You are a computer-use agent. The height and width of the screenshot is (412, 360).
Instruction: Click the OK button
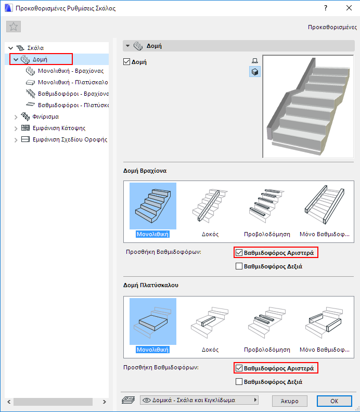pos(334,401)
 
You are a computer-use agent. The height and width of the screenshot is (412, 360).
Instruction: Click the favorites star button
pos(14,27)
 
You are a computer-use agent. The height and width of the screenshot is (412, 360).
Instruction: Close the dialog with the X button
pos(349,8)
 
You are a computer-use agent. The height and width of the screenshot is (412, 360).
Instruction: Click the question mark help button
pos(326,8)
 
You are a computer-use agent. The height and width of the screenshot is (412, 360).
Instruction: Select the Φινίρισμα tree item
pos(46,117)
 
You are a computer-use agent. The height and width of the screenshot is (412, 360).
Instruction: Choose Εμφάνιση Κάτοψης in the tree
pos(59,128)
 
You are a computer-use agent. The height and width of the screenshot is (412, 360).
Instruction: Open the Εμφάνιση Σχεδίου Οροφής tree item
pos(70,139)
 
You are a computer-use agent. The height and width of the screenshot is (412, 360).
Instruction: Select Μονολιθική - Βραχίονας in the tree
pos(71,71)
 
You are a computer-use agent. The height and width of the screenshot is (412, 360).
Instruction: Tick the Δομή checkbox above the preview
pos(126,62)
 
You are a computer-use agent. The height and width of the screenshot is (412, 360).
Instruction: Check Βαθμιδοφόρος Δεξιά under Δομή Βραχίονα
pos(239,266)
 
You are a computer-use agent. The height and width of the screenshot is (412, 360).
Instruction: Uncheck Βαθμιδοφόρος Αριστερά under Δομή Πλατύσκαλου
pos(239,368)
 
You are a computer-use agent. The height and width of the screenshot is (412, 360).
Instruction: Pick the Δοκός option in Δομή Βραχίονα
pos(210,210)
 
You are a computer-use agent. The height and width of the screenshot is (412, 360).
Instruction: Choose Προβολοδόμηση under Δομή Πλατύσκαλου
pos(267,326)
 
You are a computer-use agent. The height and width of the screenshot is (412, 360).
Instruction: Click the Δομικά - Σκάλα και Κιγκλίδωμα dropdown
pos(199,400)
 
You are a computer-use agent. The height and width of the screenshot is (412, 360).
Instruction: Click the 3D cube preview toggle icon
pos(254,72)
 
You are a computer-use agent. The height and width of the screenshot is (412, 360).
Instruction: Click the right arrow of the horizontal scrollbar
pos(105,402)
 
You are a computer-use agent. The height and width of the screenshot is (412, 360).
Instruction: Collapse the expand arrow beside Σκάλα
pos(11,48)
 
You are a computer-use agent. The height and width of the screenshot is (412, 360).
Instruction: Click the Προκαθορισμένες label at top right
pos(332,27)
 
